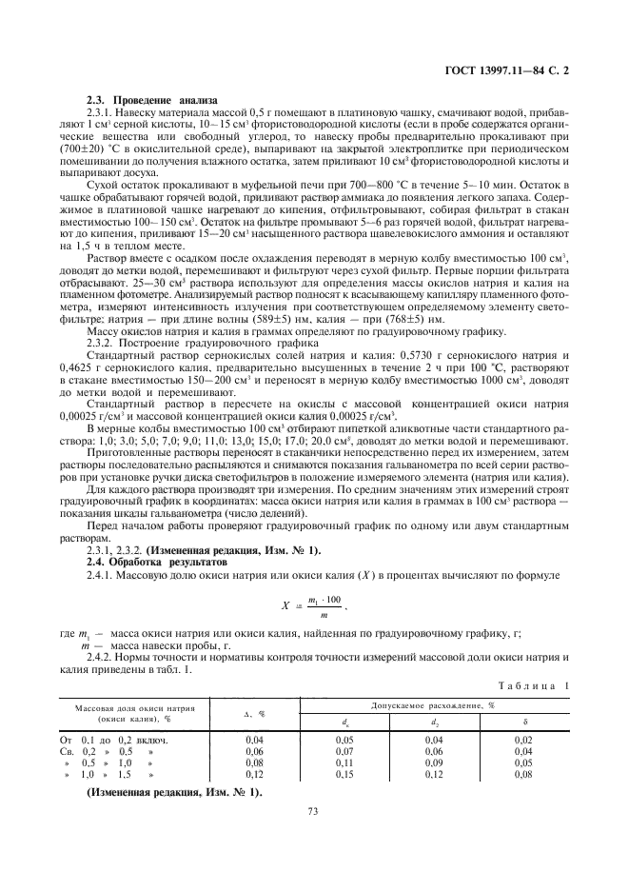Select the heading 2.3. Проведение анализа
(152, 101)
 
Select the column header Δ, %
(254, 713)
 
